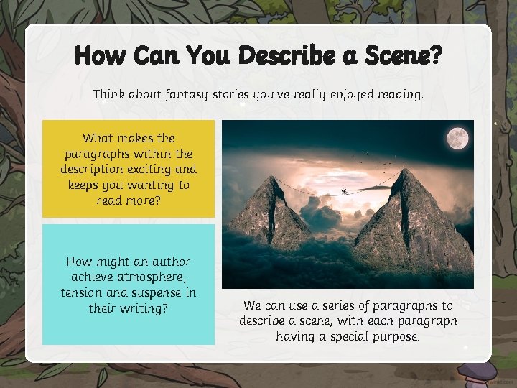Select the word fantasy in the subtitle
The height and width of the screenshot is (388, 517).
click(x=178, y=94)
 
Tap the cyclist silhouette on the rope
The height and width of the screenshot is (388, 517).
click(x=345, y=191)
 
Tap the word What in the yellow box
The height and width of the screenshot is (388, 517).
click(x=98, y=137)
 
